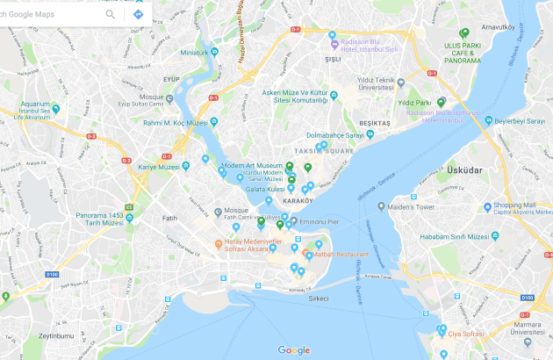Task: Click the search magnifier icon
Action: click(111, 14)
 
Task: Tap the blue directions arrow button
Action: click(138, 14)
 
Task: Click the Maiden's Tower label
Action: click(413, 207)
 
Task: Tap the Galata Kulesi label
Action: click(264, 189)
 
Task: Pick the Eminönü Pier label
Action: click(320, 222)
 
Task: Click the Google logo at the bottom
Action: click(294, 349)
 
